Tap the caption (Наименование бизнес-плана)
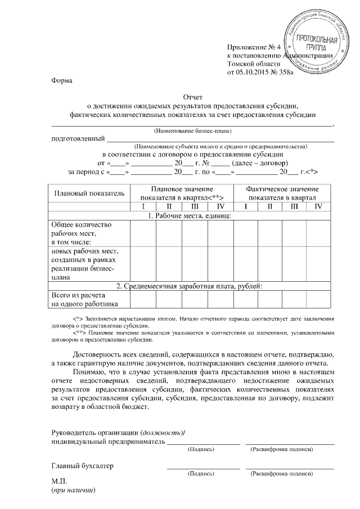point(193,130)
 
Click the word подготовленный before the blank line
point(78,138)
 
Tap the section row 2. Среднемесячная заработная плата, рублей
point(193,286)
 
